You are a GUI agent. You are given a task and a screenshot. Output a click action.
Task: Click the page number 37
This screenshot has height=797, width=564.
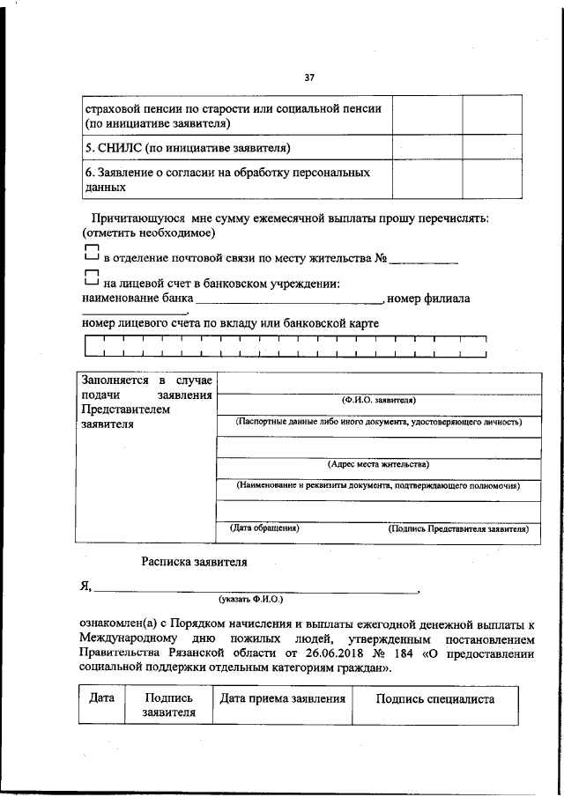pyautogui.click(x=309, y=77)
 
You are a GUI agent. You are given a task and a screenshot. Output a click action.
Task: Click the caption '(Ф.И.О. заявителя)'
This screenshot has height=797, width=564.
pyautogui.click(x=378, y=399)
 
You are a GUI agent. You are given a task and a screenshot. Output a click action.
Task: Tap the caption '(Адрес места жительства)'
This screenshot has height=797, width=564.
pyautogui.click(x=378, y=463)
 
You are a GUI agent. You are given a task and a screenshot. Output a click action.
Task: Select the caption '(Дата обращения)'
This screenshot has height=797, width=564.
pyautogui.click(x=264, y=528)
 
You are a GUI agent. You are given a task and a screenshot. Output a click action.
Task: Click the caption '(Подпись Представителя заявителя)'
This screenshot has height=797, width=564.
pyautogui.click(x=458, y=529)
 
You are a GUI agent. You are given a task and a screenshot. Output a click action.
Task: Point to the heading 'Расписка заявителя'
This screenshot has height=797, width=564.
pyautogui.click(x=194, y=561)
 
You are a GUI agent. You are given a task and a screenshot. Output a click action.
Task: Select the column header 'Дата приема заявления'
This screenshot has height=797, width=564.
pyautogui.click(x=282, y=699)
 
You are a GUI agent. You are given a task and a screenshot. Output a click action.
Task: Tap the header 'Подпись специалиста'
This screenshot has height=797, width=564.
pyautogui.click(x=434, y=699)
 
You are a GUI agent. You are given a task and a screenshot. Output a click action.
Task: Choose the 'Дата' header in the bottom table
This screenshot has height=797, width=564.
pyautogui.click(x=102, y=698)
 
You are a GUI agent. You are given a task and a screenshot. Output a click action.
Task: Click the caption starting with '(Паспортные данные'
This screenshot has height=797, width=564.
pyautogui.click(x=378, y=422)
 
